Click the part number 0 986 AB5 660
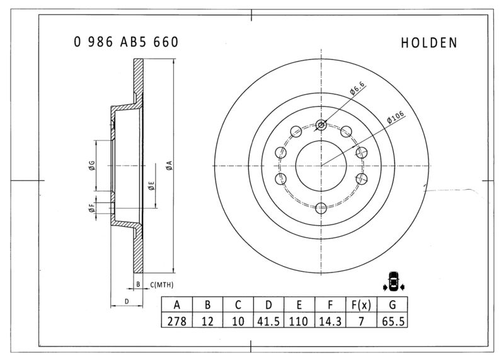pos(126,42)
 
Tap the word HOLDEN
pos(429,43)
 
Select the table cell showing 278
pos(177,321)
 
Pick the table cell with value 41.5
pos(269,321)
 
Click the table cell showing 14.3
pos(330,321)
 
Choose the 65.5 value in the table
pos(392,321)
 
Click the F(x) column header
pos(361,305)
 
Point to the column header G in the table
pos(392,305)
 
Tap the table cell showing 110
pos(299,321)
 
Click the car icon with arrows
pos(393,281)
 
